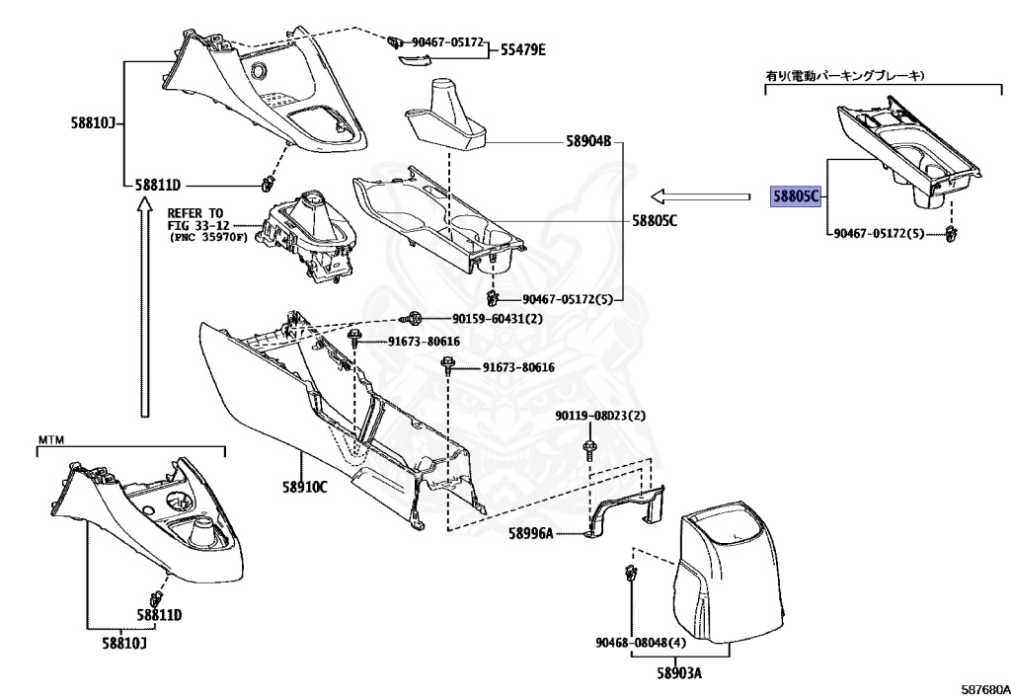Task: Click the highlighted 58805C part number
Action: tap(795, 196)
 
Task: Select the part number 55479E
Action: tap(522, 49)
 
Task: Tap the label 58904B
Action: tap(589, 141)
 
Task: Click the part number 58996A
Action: tap(531, 534)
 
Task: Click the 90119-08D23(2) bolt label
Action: tap(599, 416)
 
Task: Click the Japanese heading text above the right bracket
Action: tap(850, 75)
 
